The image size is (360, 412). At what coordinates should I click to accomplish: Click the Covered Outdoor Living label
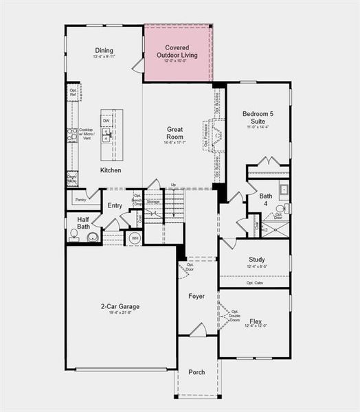pos(178,51)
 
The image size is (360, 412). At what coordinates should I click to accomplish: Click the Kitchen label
pos(111,170)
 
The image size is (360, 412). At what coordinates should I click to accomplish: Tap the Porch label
pos(196,372)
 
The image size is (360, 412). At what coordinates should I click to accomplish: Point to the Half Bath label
pos(82,223)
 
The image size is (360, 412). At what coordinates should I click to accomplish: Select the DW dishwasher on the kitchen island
pos(106,121)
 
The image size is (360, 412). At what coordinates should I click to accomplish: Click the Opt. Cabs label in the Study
pos(254,282)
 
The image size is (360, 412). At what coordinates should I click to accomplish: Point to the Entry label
pos(114,205)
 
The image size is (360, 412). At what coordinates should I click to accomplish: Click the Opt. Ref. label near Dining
pos(73,92)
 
